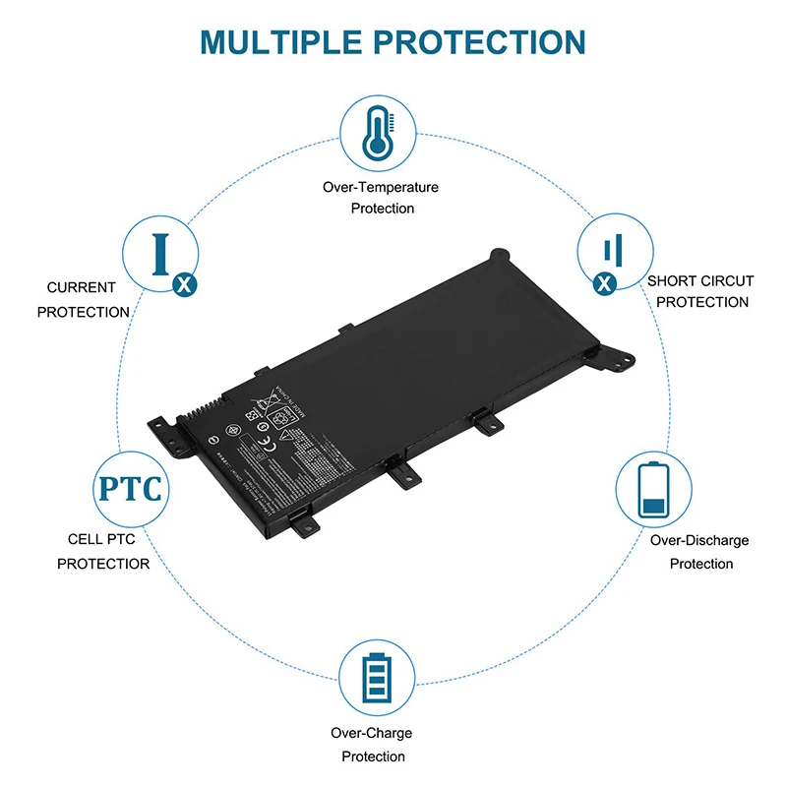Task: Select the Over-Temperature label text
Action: coord(381,187)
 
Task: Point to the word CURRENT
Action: coord(82,288)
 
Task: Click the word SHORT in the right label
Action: coord(672,281)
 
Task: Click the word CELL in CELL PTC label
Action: coord(85,539)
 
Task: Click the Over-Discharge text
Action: coord(699,540)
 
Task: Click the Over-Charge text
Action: coord(373,733)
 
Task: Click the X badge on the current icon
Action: coord(182,284)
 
